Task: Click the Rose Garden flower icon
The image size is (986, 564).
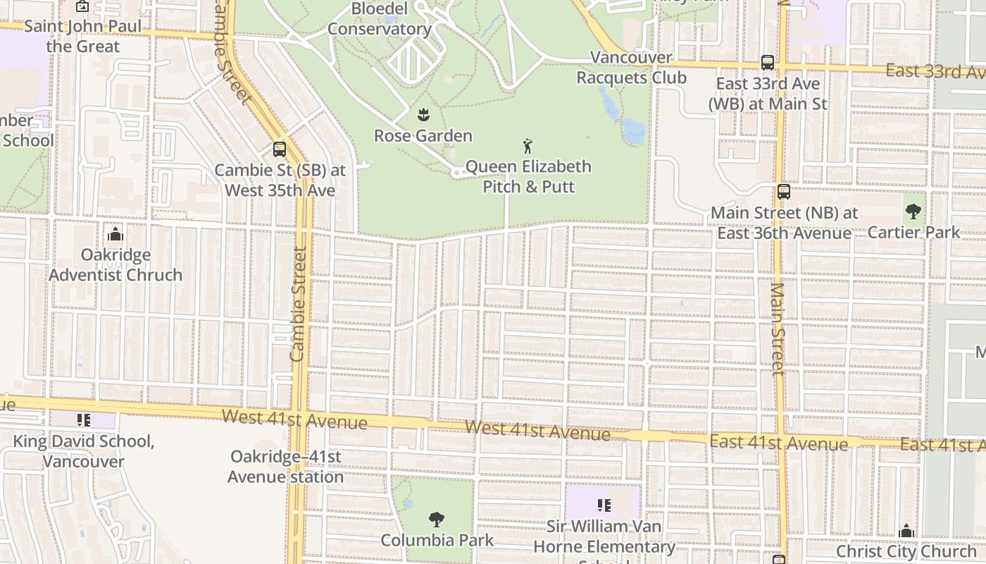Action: point(423,114)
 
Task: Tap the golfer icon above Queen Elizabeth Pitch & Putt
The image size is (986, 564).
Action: point(528,146)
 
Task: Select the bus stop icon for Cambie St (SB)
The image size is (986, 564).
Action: point(280,149)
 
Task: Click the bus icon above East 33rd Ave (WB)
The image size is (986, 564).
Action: point(768,62)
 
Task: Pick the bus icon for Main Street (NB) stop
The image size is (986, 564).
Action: point(783,192)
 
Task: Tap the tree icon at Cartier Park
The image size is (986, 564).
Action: point(913,211)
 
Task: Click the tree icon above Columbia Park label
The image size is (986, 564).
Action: point(437,520)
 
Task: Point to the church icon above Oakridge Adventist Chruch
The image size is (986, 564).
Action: point(115,234)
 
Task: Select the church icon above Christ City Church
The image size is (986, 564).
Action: point(906,530)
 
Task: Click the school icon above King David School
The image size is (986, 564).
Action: point(84,420)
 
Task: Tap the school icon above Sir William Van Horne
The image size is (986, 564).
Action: point(604,505)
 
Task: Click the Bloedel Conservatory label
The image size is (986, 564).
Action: point(379,19)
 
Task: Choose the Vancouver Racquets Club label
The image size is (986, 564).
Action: point(632,67)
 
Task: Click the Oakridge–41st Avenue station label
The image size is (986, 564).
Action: point(285,467)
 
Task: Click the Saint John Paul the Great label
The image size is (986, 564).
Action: point(83,37)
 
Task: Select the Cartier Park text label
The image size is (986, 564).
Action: point(913,232)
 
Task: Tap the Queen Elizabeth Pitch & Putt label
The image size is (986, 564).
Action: point(528,176)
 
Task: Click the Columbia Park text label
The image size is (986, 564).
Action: point(437,541)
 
